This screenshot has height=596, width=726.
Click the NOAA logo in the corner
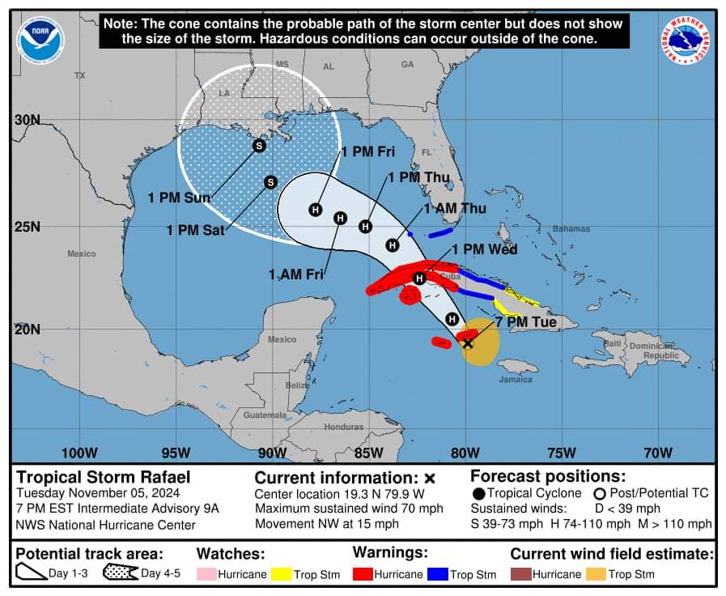(x=40, y=40)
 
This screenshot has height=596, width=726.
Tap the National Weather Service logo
(x=686, y=40)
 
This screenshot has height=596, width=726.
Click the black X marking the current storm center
(x=467, y=343)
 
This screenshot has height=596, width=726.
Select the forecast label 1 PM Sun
(x=179, y=198)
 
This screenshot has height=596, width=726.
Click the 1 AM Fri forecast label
(x=296, y=275)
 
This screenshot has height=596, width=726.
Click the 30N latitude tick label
(x=27, y=120)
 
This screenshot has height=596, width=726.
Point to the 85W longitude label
(x=369, y=452)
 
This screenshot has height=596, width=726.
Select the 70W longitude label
(x=658, y=452)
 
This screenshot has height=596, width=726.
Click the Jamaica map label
(x=516, y=379)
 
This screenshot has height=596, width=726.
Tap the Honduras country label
(x=344, y=426)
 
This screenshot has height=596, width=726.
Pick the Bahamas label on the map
(x=571, y=228)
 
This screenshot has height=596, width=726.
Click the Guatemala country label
(x=265, y=415)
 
